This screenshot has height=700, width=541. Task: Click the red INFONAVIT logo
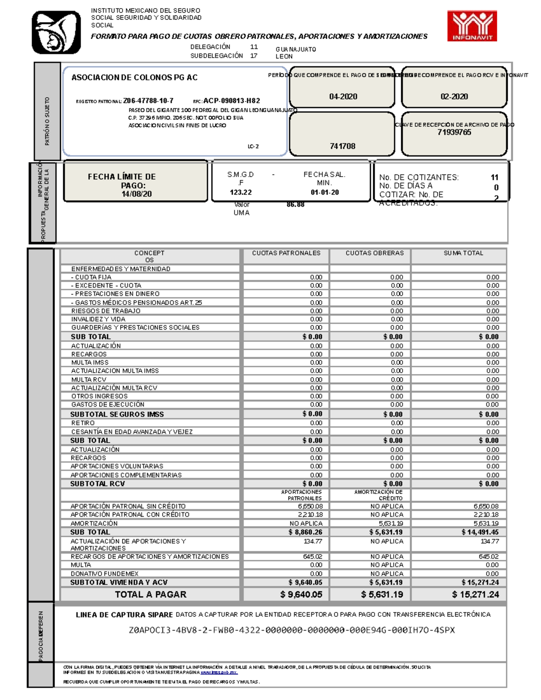pos(472,26)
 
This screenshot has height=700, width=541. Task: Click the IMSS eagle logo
pos(56,32)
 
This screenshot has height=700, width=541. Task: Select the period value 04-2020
pos(343,96)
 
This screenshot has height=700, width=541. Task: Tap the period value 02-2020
pos(454,96)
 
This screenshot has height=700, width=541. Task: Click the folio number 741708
pos(343,146)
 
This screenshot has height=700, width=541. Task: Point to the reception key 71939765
pos(454,132)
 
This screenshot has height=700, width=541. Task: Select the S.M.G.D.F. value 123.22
pos(241,192)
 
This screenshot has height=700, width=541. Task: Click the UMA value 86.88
pos(295,205)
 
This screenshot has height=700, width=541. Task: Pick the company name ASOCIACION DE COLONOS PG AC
pos(134,78)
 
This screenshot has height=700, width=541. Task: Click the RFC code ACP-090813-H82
pos(231,101)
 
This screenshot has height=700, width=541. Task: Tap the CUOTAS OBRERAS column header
pos(375,253)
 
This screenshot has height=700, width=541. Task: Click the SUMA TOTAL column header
pos(463,253)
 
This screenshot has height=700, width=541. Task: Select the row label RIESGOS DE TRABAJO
pos(105,311)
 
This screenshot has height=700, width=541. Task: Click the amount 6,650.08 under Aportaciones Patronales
pos(310,506)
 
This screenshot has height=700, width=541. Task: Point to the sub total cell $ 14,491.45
pos(480,532)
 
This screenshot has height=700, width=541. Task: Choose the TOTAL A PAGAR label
pos(151,595)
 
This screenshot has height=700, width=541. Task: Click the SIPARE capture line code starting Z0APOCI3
pos(292,630)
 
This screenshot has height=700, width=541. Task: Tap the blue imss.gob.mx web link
pos(219,673)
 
